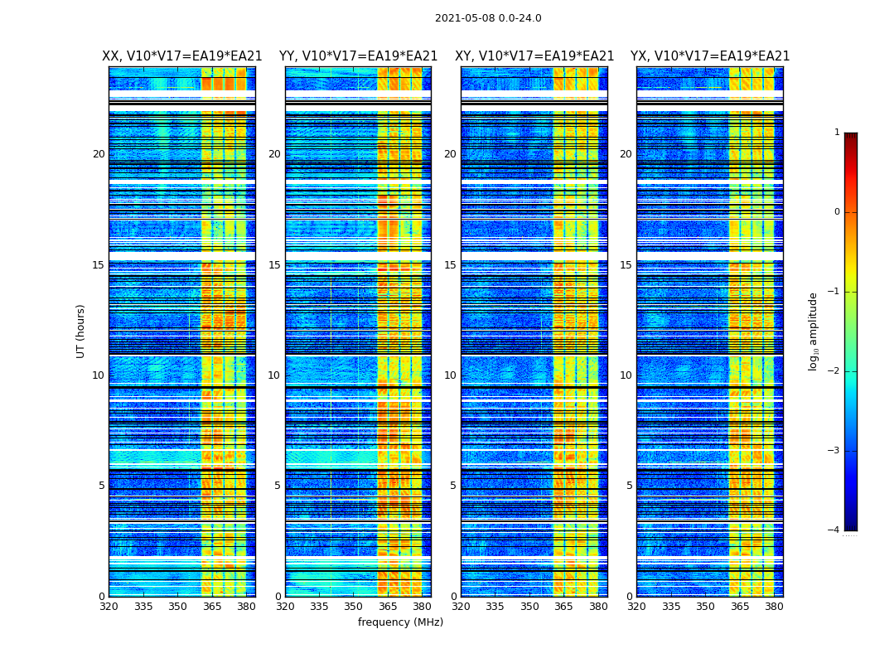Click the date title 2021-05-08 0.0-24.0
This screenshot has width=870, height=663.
(x=488, y=18)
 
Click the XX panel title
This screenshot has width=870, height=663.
(x=182, y=56)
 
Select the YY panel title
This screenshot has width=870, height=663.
(x=358, y=56)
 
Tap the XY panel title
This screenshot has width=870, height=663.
(x=534, y=56)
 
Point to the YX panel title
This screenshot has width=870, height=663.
(x=710, y=56)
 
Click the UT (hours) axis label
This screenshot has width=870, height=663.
(x=81, y=331)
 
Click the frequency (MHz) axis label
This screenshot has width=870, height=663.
(x=400, y=622)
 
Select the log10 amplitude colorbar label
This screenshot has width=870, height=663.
(x=814, y=331)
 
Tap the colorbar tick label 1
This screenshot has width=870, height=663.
(x=837, y=133)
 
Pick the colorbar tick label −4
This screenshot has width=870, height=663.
(x=834, y=530)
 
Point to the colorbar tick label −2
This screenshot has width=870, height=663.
(x=834, y=371)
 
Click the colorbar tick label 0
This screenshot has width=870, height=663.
(x=837, y=212)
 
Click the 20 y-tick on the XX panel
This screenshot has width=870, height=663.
(x=99, y=154)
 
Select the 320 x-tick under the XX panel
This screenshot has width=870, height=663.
(x=109, y=607)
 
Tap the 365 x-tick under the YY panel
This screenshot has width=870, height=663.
(x=388, y=607)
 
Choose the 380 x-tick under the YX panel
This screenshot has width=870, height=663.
(x=774, y=607)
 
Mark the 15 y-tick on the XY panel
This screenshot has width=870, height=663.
(x=450, y=265)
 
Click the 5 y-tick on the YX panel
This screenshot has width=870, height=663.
(x=629, y=486)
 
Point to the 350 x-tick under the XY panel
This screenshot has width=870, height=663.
(x=529, y=607)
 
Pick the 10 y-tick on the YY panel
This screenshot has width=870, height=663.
(x=274, y=375)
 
